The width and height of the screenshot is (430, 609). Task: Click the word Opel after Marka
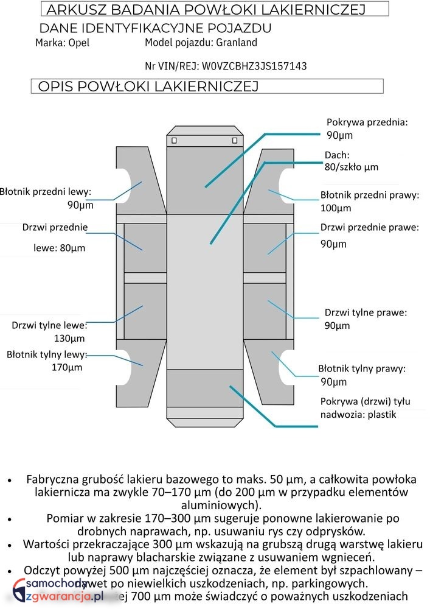78,43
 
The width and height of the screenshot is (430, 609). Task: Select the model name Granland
237,43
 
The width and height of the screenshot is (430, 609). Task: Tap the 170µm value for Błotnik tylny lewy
67,367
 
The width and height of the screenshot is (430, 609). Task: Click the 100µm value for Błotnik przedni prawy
336,208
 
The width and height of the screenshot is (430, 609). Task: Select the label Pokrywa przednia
367,122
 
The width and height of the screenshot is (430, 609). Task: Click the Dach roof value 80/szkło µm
351,166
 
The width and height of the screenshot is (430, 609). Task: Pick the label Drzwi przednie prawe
370,228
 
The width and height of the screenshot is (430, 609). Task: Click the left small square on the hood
174,141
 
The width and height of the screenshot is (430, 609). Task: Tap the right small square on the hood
235,141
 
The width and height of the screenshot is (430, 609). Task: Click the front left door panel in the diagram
145,248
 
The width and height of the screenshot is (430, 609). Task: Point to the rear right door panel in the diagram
265,311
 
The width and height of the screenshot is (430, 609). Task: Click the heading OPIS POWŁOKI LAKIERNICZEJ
148,86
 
